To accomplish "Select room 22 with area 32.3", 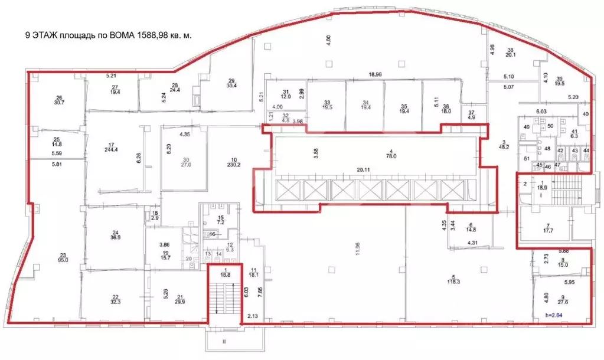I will [x=116, y=299].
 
